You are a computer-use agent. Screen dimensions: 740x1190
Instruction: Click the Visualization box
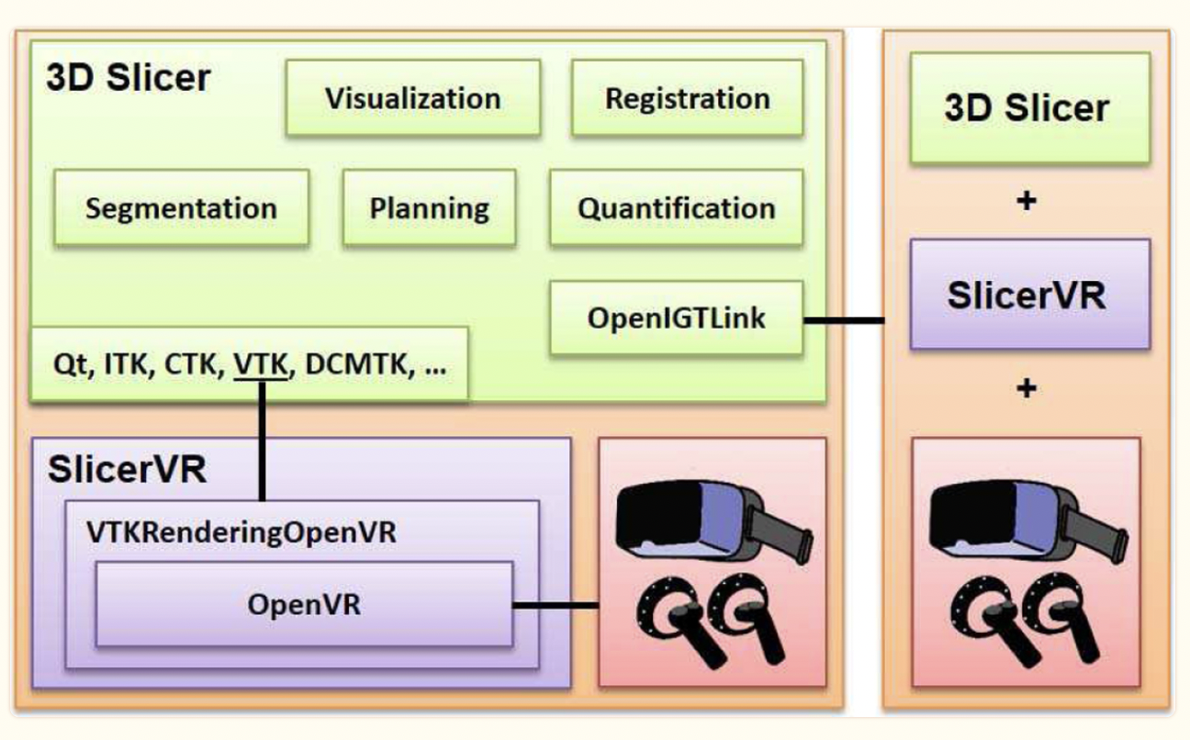[x=411, y=98]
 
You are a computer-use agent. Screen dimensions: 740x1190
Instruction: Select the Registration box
[x=687, y=98]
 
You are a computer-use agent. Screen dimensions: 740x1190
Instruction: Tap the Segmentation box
[x=181, y=207]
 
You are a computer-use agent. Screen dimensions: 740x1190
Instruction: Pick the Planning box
[x=429, y=207]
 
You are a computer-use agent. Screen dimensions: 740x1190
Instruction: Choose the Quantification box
[x=676, y=207]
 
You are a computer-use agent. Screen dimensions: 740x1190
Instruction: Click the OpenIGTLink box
[x=676, y=319]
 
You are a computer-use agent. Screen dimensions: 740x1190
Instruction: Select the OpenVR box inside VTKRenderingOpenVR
[x=303, y=605]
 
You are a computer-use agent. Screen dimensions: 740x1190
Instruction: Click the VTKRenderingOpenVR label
[x=241, y=532]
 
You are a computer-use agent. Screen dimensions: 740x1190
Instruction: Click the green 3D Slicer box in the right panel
[x=1029, y=108]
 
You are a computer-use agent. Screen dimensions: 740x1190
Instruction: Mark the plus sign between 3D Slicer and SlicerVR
[x=1028, y=200]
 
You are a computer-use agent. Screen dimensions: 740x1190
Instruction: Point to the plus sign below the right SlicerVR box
[x=1028, y=389]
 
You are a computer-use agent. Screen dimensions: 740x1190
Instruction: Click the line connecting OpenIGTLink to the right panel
[x=843, y=320]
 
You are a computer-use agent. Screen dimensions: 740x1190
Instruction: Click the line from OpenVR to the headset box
[x=555, y=605]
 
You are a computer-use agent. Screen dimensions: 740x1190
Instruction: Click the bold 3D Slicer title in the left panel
[x=129, y=78]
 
